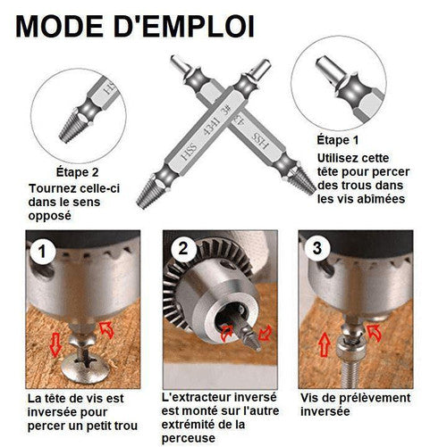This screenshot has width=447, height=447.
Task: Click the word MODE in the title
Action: [x=59, y=27]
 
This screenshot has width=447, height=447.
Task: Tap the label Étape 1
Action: [x=338, y=140]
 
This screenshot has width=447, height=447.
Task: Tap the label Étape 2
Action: [x=77, y=172]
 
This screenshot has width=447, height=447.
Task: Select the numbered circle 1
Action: [x=42, y=252]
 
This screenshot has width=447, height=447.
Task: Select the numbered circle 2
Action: [x=182, y=249]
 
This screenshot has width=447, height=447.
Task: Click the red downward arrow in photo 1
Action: [x=55, y=344]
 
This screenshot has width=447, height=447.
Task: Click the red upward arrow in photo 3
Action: [x=324, y=344]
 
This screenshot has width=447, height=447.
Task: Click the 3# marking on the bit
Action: [x=226, y=111]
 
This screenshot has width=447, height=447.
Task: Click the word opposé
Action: [x=50, y=216]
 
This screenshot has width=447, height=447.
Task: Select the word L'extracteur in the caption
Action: [x=196, y=397]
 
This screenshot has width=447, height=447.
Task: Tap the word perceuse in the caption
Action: [x=189, y=438]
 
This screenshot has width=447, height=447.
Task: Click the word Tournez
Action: [x=53, y=188]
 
